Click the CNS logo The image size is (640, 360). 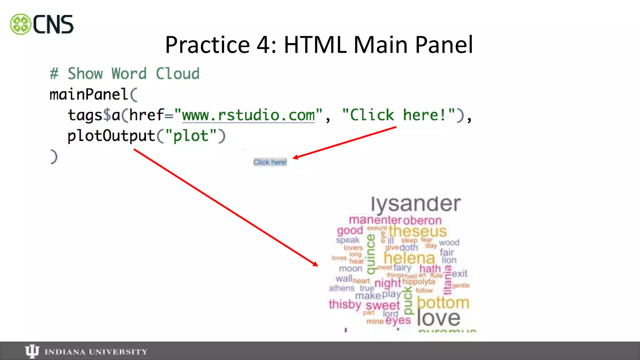(x=42, y=24)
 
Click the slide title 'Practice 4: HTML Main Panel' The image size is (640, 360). (x=319, y=45)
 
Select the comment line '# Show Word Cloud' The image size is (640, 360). (x=124, y=74)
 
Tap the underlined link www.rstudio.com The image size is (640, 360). (x=248, y=115)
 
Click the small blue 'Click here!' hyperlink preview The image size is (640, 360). (x=270, y=162)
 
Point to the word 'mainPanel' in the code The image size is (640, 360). (x=89, y=94)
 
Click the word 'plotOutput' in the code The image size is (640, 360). (x=111, y=136)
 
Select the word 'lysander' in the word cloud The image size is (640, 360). (x=416, y=204)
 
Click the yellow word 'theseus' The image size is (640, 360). (x=417, y=231)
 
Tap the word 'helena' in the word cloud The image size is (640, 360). (x=409, y=258)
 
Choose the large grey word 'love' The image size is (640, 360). (x=438, y=318)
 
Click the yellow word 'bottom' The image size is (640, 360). (x=443, y=302)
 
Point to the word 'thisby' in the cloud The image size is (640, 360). (x=345, y=304)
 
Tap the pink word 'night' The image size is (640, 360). (x=387, y=283)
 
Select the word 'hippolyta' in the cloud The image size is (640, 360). (x=418, y=282)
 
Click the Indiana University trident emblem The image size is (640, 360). (x=32, y=351)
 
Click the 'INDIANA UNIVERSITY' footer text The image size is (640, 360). (x=96, y=352)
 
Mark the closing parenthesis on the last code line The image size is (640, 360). (x=54, y=157)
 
